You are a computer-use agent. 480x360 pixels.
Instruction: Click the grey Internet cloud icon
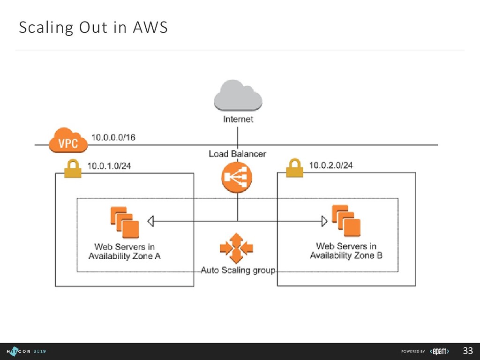tap(238, 96)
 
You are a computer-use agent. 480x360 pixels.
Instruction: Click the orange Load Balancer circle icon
tap(237, 178)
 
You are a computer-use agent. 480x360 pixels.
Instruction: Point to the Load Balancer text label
tap(237, 154)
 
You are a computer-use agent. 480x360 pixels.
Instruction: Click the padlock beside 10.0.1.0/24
tap(72, 168)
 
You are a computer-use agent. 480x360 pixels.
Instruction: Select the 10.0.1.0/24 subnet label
tap(110, 166)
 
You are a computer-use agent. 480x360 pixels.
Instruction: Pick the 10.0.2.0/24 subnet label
tap(331, 165)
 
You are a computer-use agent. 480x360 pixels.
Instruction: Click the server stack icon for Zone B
tap(346, 221)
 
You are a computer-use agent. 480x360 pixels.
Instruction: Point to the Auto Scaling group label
tap(238, 270)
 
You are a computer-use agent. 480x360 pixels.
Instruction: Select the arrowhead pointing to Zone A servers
tap(150, 220)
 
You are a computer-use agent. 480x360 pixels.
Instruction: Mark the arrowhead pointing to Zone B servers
tap(324, 220)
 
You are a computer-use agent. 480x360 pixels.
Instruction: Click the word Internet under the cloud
tap(238, 119)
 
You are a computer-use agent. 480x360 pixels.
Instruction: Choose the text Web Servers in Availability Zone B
tap(346, 251)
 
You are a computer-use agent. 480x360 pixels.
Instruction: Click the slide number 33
tap(467, 351)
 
